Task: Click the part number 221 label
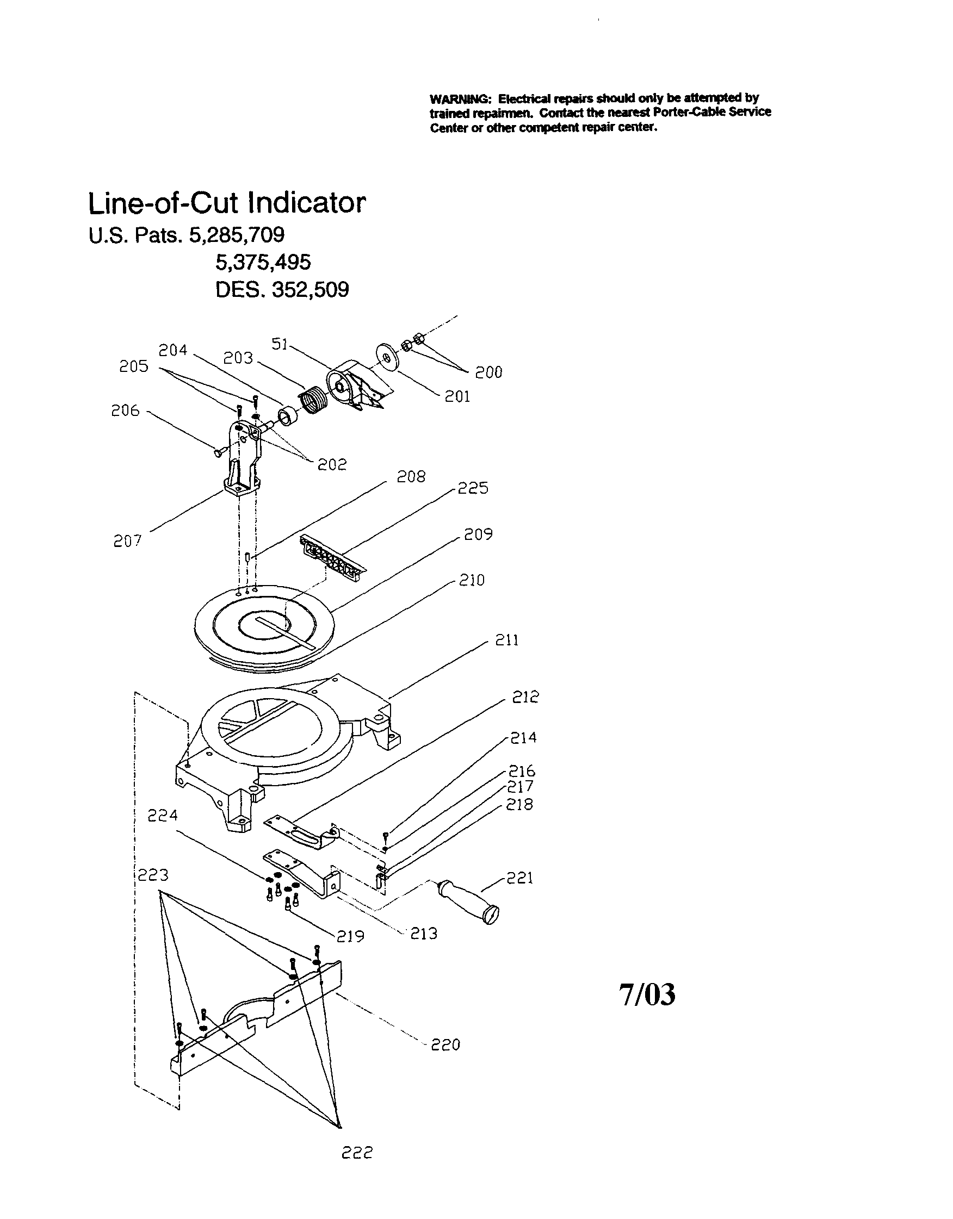(520, 878)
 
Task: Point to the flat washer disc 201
(386, 358)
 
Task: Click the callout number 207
(127, 541)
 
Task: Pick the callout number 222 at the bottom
(357, 1152)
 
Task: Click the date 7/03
(647, 994)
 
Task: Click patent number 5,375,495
(263, 262)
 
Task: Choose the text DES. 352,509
(282, 290)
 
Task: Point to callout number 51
(280, 344)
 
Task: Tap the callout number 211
(507, 639)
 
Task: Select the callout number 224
(163, 816)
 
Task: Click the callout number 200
(488, 372)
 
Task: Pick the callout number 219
(351, 936)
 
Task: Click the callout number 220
(445, 1045)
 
